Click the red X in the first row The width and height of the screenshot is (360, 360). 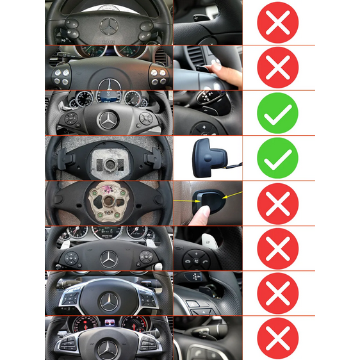pyautogui.click(x=277, y=22)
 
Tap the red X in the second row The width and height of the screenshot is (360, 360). pyautogui.click(x=277, y=67)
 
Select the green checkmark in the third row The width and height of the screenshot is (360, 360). pyautogui.click(x=277, y=113)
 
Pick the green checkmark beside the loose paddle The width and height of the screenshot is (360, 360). pyautogui.click(x=277, y=158)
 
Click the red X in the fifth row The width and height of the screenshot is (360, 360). pyautogui.click(x=277, y=203)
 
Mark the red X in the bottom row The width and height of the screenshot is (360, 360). pyautogui.click(x=277, y=338)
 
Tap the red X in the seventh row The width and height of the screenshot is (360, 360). pyautogui.click(x=277, y=293)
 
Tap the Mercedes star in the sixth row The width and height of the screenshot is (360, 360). pyautogui.click(x=109, y=259)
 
